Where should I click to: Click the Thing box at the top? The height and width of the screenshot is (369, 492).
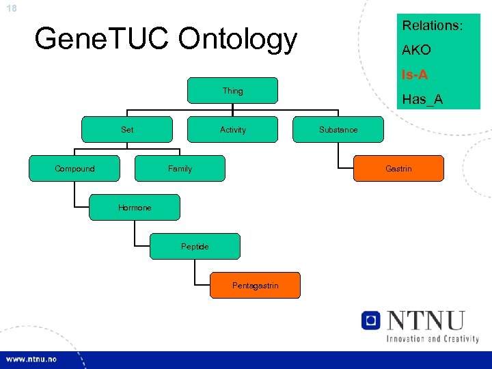pos(232,90)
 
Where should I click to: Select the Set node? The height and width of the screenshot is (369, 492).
pos(127,129)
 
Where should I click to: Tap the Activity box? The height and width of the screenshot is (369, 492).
pos(233,129)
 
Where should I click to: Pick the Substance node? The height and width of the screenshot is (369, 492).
pos(338,129)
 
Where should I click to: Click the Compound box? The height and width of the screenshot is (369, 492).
pos(74,168)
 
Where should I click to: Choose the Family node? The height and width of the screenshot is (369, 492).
pos(180,168)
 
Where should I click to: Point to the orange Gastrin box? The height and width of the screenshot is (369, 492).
pos(398,168)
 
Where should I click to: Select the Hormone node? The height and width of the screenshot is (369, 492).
pos(135,207)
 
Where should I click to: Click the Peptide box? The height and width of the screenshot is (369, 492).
pos(195,246)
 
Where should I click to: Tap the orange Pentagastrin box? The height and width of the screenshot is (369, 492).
pos(255,285)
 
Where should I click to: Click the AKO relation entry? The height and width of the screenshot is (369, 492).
pos(416,51)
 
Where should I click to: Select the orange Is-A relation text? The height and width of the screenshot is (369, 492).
pos(415,74)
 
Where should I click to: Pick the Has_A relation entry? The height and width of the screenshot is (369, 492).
pos(422,100)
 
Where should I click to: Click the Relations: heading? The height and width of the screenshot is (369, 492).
pos(433,26)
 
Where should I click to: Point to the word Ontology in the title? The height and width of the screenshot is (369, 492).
pos(238,39)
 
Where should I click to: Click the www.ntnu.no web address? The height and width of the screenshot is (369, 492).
pos(31,359)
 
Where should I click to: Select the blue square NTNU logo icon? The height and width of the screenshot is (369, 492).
pos(371,320)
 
